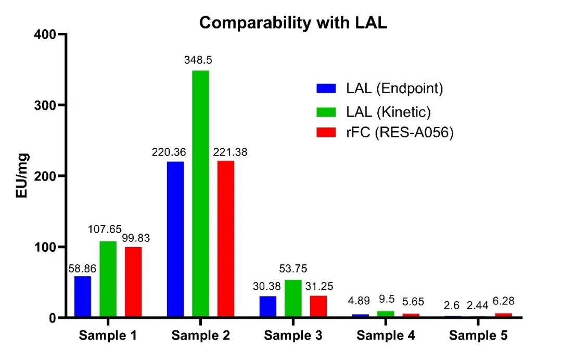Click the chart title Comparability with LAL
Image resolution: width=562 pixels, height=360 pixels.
(x=293, y=23)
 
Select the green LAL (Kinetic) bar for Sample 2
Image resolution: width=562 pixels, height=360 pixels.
(x=200, y=194)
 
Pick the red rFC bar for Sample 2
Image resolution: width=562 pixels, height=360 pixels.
(x=226, y=239)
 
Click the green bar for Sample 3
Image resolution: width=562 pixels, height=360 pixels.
(x=293, y=298)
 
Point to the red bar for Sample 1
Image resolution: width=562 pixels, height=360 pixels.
(x=133, y=282)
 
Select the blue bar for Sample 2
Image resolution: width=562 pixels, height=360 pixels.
(x=175, y=239)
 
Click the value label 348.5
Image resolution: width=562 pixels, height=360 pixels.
(x=198, y=60)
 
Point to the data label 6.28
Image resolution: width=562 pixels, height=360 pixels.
(x=503, y=303)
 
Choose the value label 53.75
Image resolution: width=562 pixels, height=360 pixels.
(x=293, y=269)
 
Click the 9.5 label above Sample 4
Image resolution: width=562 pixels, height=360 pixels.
(x=386, y=299)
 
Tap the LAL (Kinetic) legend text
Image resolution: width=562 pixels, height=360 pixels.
(x=388, y=111)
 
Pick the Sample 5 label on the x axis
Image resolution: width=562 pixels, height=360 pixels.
(x=478, y=336)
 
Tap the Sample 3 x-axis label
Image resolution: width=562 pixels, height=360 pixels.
(x=293, y=336)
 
